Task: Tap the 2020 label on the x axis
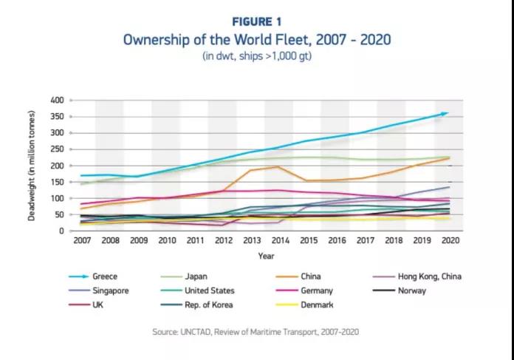click(448, 241)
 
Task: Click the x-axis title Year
click(264, 256)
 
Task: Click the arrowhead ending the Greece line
click(445, 113)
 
